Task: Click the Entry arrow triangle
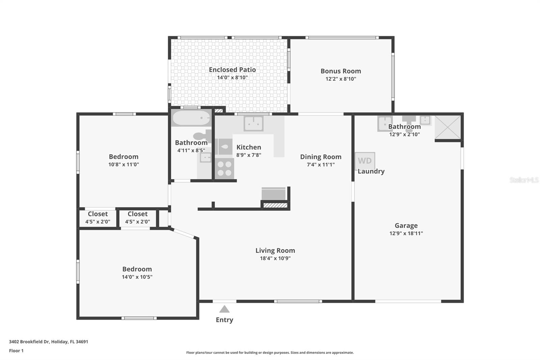tap(224, 309)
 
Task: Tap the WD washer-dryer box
tap(365, 161)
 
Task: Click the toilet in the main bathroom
tap(202, 136)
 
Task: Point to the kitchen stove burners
tap(224, 168)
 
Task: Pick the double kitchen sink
tap(253, 123)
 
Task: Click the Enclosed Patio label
tap(232, 70)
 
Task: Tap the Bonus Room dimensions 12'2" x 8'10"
tap(341, 79)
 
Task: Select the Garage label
tap(406, 226)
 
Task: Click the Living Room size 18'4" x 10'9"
tap(275, 258)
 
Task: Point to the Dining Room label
tap(321, 157)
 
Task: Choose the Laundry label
tap(371, 171)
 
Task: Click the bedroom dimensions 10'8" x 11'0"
tap(124, 164)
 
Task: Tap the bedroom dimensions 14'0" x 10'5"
tap(137, 277)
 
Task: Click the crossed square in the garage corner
tap(448, 127)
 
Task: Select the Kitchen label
tap(249, 147)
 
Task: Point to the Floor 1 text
tap(16, 351)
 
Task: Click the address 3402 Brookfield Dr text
tap(48, 341)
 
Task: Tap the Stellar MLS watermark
tap(524, 180)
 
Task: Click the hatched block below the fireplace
tap(275, 205)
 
